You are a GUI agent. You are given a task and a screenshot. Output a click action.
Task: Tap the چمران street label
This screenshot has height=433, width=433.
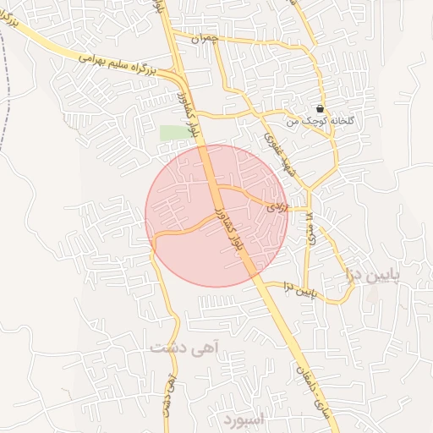(204, 39)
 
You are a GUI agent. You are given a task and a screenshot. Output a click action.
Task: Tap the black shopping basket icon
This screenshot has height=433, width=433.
(320, 108)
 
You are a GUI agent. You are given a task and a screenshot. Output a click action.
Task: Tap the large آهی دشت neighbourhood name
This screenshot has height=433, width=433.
(184, 347)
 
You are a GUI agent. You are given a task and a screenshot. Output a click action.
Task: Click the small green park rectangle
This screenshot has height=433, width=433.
(175, 132)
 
